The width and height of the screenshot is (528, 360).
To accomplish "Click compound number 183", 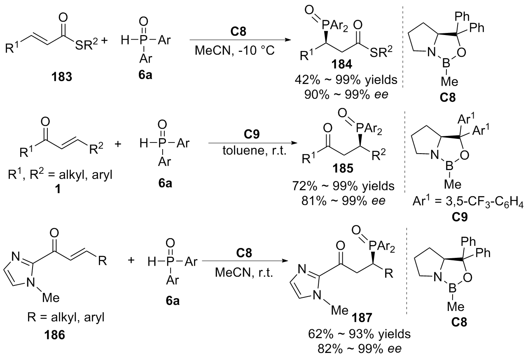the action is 62,77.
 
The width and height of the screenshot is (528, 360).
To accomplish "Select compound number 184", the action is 342,64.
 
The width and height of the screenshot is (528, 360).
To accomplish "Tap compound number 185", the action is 343,168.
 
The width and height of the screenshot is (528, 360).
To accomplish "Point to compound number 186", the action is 55,335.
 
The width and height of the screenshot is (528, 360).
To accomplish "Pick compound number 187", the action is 362,318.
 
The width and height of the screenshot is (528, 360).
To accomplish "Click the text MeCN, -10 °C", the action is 235,50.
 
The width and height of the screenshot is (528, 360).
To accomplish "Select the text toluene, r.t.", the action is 255,150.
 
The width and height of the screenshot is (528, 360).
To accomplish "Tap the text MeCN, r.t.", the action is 244,273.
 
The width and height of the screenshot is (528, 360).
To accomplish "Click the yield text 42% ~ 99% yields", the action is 346,80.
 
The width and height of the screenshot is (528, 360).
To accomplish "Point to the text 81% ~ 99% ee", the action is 343,201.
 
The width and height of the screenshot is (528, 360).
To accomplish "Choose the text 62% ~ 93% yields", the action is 360,334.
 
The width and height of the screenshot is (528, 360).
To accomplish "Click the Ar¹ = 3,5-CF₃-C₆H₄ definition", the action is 468,202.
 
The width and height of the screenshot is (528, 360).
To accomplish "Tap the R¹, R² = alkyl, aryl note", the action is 60,175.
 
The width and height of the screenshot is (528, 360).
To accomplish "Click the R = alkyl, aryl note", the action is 66,317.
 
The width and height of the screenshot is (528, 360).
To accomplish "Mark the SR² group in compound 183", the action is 86,44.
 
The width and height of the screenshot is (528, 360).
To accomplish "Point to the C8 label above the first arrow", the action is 238,32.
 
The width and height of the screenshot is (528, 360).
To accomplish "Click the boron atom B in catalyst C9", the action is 449,166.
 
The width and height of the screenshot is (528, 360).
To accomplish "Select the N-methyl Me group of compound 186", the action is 51,298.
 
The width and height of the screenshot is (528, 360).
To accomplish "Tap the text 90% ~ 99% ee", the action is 346,95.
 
